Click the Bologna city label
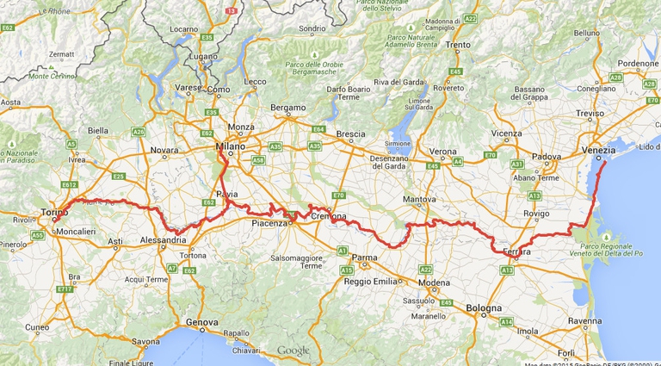(483, 307)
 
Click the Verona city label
(443, 152)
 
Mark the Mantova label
(420, 199)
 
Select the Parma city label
(365, 257)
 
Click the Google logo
(293, 350)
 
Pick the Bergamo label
(288, 108)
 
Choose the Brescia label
(350, 133)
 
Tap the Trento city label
(458, 45)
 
